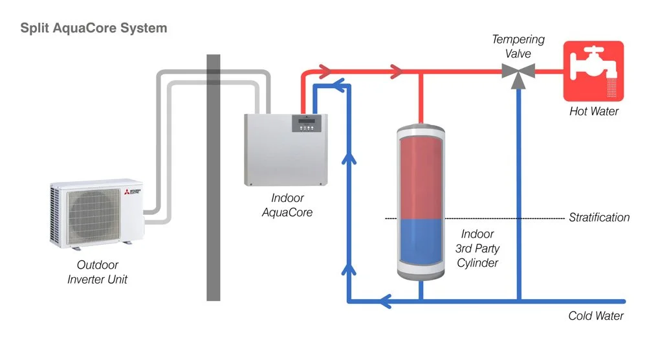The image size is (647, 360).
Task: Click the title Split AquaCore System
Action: coord(94,28)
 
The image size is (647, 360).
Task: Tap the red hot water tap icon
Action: coord(593,71)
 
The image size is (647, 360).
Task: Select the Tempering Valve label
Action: coord(518,46)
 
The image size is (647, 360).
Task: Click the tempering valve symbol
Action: coord(518,71)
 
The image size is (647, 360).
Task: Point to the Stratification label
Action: coord(599,218)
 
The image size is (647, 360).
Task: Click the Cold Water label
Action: coord(596,316)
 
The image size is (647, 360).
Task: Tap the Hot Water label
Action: coord(594,111)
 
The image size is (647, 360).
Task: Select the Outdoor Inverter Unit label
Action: coord(98,272)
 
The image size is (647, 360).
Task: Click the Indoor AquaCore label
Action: coord(287,205)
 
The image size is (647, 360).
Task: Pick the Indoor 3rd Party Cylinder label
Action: coord(477,249)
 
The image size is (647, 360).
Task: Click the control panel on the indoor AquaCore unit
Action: coord(307,124)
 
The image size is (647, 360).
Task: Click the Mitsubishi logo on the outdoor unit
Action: coord(133,192)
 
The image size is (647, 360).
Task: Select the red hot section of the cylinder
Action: coord(421,178)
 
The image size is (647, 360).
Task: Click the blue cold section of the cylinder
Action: coord(421,242)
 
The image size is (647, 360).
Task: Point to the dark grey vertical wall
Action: coord(214,177)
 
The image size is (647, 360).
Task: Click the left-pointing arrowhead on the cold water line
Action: coord(384,301)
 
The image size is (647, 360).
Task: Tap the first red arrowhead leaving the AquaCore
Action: coord(325,71)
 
